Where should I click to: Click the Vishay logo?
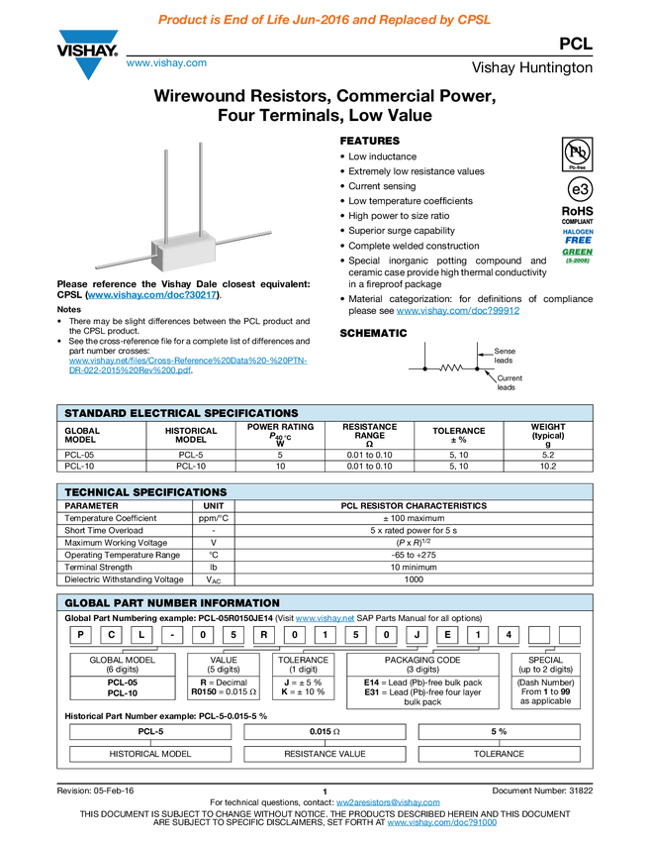(x=88, y=54)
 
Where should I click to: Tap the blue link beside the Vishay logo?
(x=166, y=64)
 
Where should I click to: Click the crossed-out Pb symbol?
(x=577, y=152)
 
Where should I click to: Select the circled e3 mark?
(x=578, y=189)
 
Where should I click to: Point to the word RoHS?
(x=578, y=210)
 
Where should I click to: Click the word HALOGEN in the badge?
(x=578, y=231)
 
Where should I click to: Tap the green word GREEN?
(x=578, y=252)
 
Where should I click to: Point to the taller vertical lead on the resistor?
(x=201, y=188)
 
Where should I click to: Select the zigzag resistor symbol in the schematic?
(x=452, y=368)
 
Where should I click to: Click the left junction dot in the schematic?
(x=424, y=368)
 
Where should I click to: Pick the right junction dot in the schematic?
(x=480, y=368)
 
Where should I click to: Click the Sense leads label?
(x=504, y=356)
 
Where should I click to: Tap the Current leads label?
(x=509, y=382)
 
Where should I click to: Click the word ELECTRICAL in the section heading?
(x=166, y=413)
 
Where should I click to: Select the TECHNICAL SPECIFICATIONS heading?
(x=145, y=492)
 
